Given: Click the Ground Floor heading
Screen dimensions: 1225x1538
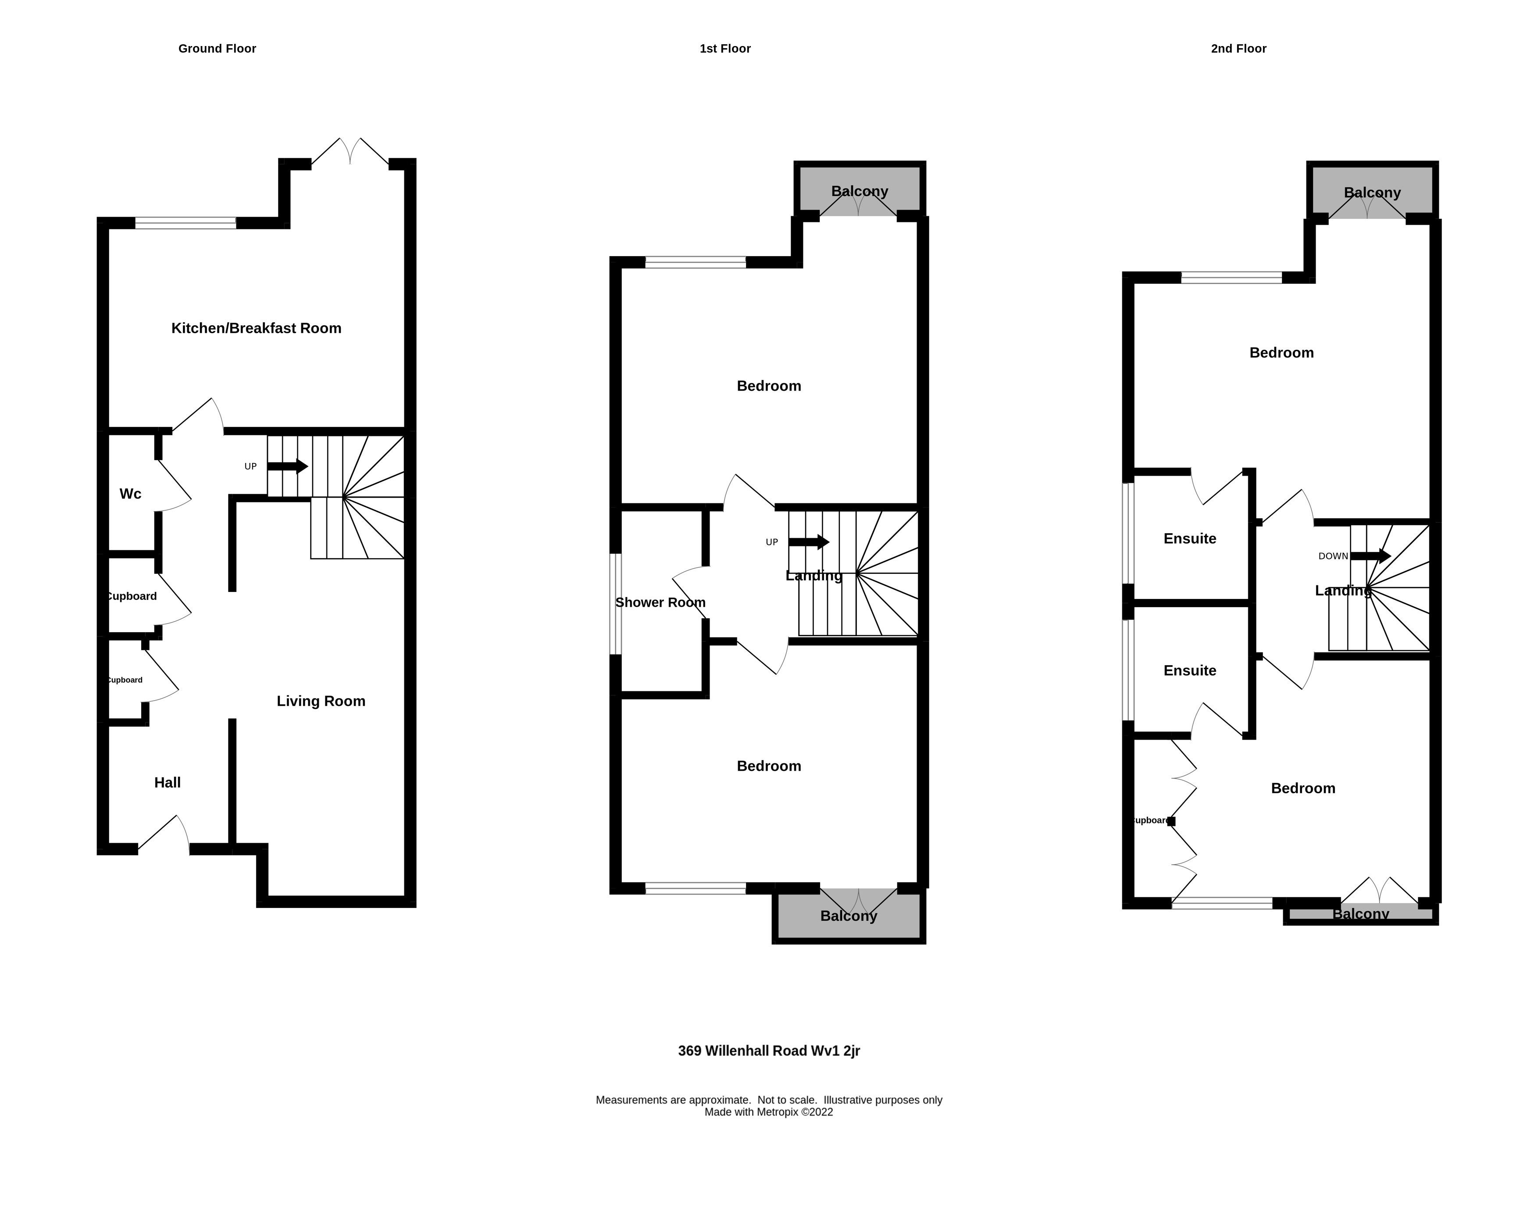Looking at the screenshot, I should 217,49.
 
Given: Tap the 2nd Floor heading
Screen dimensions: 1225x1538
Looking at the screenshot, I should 1238,49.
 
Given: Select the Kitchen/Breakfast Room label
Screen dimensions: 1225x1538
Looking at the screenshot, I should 256,328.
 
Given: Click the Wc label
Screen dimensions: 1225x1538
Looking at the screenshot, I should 131,493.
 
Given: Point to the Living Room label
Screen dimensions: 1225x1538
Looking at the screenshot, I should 321,701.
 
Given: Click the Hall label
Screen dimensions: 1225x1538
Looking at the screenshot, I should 168,782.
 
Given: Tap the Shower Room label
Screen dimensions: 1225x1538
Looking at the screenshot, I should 660,602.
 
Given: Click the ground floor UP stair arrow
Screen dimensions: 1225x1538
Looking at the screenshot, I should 288,466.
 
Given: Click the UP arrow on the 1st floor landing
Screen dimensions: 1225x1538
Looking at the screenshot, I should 808,542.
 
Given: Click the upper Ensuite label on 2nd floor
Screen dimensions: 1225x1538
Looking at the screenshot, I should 1190,538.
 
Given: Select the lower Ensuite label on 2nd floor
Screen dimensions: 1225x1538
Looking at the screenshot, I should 1190,670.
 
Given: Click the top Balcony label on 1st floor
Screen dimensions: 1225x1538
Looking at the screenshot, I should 860,191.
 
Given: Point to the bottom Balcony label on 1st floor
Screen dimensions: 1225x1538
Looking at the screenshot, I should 848,915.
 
